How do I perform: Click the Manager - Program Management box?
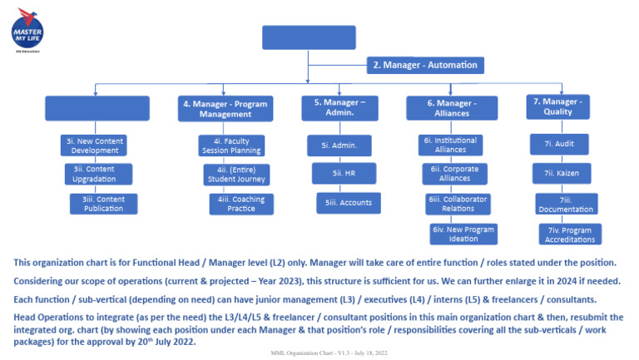tap(224, 109)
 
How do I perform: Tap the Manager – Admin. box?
tap(334, 108)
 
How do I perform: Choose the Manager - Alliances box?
tap(452, 108)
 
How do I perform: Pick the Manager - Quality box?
tap(558, 106)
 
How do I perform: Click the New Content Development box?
tap(94, 145)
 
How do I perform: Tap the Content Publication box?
tap(103, 204)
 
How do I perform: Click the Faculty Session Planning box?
tap(231, 145)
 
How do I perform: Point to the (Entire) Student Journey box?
tap(235, 174)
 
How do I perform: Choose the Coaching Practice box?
tap(240, 204)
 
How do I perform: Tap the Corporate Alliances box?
tap(454, 173)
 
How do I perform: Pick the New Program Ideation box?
tap(463, 234)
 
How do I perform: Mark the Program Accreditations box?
tap(570, 234)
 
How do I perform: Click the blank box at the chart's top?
tap(307, 38)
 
